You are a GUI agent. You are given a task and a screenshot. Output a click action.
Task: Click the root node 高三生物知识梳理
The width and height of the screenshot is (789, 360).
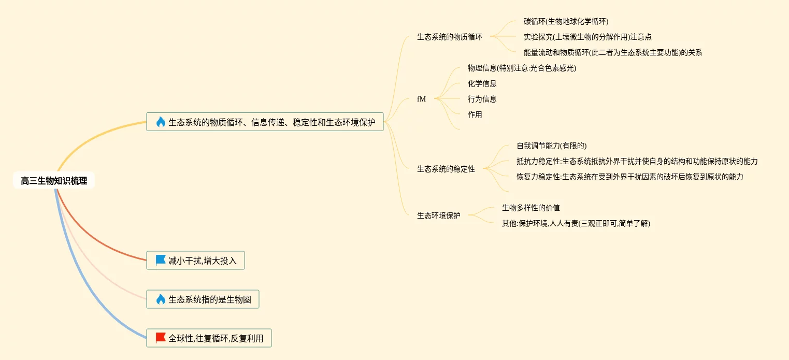pos(54,181)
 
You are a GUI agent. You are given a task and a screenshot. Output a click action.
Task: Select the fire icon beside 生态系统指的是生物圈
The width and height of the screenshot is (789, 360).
pos(161,299)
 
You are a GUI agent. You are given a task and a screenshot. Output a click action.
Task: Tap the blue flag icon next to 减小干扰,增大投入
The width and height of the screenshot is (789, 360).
pos(161,260)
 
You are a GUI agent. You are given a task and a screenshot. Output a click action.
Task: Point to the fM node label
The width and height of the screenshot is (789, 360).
pos(421,99)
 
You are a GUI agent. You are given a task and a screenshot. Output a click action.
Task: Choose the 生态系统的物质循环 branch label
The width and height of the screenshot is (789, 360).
pos(449,37)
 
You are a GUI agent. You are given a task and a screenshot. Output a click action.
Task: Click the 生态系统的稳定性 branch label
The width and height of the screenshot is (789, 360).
pos(446,169)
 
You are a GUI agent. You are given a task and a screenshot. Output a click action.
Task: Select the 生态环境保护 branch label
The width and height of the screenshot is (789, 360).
pos(438,215)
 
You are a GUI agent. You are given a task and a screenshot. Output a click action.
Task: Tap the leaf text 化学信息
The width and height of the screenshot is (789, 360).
pos(482,83)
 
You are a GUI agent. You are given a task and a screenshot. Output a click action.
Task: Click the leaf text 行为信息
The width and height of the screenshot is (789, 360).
pos(482,99)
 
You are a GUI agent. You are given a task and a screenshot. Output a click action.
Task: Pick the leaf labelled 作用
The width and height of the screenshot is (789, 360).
pos(475,114)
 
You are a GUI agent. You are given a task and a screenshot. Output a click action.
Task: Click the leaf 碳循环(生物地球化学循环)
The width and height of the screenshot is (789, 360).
pos(566,21)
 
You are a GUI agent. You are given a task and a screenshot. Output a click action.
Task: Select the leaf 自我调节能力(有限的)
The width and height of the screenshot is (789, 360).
pos(551,146)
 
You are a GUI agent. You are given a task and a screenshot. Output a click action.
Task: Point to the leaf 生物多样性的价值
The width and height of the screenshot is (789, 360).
pos(530,208)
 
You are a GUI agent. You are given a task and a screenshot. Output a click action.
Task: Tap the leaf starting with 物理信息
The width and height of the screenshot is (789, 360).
pos(522,68)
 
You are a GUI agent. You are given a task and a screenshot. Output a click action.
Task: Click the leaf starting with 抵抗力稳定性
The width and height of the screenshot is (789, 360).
pos(637,161)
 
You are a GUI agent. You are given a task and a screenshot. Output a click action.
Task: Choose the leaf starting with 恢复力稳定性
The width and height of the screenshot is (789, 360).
pos(629,177)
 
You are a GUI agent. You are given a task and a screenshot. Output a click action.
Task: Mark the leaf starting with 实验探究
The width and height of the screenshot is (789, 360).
pos(587,37)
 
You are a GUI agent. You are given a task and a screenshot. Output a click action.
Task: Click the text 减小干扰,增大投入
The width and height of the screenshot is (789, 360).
pos(202,261)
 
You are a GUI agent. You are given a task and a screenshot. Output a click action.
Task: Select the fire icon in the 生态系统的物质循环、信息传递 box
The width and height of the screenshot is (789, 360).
pos(161,122)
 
